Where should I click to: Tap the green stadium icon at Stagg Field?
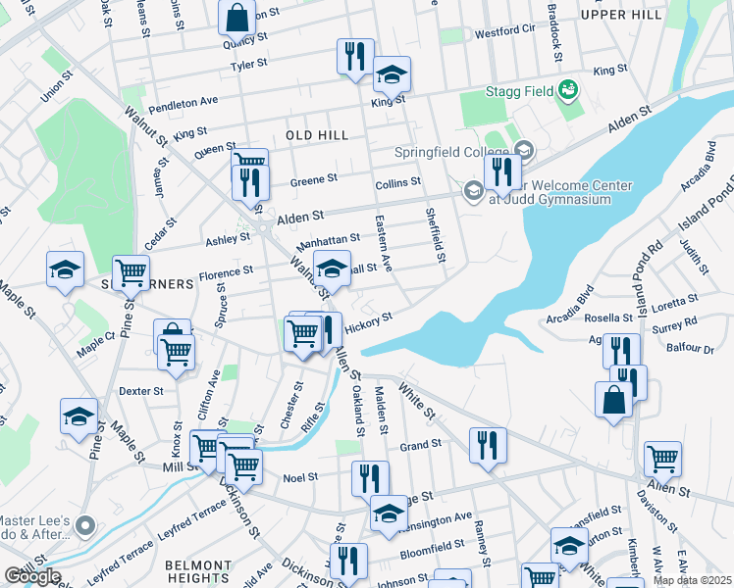(x=566, y=92)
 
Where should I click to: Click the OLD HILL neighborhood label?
(x=318, y=134)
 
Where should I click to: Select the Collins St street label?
(x=397, y=182)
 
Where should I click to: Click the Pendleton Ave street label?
(x=183, y=101)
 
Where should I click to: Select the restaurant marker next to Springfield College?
(x=501, y=173)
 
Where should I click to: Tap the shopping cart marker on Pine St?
(x=131, y=273)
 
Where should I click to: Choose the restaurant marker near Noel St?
(x=370, y=479)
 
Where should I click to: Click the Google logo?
(x=32, y=576)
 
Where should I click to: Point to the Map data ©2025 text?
(x=691, y=580)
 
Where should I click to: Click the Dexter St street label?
(x=140, y=391)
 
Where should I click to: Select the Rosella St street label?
(x=608, y=318)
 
